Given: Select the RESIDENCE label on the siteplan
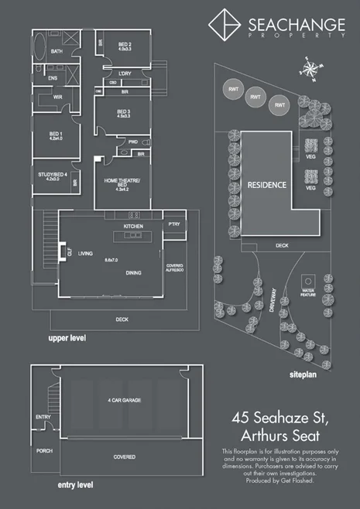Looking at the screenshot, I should pyautogui.click(x=266, y=186).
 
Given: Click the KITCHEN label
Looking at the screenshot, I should pyautogui.click(x=135, y=225).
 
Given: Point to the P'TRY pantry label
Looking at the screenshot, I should pyautogui.click(x=173, y=224).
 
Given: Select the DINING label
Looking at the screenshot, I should pyautogui.click(x=134, y=272).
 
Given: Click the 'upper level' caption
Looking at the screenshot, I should pyautogui.click(x=67, y=339).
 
